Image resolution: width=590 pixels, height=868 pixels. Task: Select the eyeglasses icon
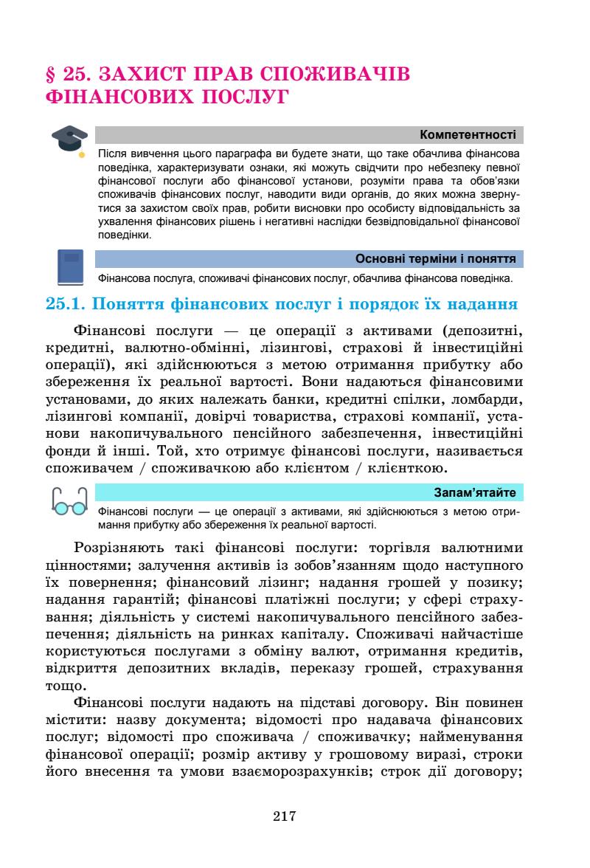click(x=69, y=502)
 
